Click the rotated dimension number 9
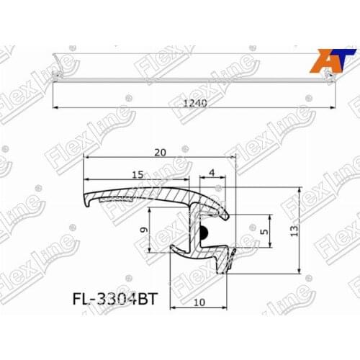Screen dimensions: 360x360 (x=143, y=231)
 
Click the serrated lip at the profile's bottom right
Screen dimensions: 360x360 (x=231, y=259)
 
